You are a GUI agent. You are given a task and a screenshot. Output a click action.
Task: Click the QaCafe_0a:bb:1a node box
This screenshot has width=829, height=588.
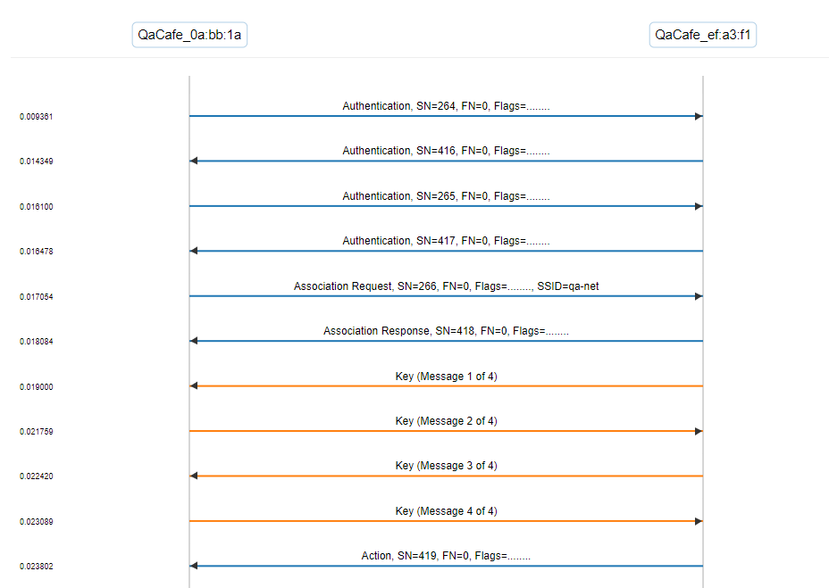pos(189,35)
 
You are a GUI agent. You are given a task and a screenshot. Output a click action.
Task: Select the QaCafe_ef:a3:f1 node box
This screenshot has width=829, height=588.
pos(703,35)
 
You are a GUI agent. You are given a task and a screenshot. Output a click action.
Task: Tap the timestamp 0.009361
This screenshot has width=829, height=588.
pos(37,117)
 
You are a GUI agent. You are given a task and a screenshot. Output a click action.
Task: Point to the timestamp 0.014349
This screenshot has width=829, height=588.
pos(37,161)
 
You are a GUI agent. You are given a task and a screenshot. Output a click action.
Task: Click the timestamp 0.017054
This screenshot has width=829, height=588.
pos(37,297)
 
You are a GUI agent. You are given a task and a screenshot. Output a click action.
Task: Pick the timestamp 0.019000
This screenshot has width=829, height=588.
pos(37,387)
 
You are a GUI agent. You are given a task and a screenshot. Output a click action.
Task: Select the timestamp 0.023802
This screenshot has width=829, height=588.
pos(37,567)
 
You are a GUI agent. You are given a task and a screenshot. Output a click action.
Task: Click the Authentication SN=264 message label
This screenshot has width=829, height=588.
pos(447,106)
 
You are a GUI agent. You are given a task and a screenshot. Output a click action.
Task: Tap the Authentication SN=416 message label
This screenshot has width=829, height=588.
pos(447,151)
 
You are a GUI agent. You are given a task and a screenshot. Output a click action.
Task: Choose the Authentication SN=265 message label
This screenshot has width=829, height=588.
pos(447,196)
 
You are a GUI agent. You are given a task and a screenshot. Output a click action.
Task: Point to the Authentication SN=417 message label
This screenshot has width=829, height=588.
pos(447,241)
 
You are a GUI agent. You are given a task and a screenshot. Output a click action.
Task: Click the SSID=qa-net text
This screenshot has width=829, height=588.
pos(568,286)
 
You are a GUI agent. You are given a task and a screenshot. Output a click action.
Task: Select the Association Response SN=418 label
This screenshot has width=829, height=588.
pos(447,331)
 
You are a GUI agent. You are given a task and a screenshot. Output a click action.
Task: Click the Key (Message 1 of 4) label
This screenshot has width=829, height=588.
pos(447,377)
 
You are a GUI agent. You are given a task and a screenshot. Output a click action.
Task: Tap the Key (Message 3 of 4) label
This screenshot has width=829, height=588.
pos(447,466)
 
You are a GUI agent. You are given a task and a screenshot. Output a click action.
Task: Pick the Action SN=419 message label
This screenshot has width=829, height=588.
pos(447,556)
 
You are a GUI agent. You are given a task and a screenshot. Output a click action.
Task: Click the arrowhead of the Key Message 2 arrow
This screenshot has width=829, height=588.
pos(699,432)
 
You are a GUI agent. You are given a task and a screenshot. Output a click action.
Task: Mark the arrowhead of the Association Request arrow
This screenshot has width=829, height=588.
pos(699,296)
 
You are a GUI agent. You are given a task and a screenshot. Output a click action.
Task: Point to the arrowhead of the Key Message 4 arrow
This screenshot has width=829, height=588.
pos(699,521)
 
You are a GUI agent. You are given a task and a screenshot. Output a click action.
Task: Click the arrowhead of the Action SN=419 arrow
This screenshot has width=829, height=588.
pos(194,567)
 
